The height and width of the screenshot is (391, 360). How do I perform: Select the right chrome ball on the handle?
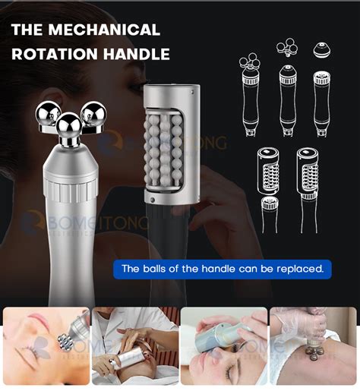tap(93, 114)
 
